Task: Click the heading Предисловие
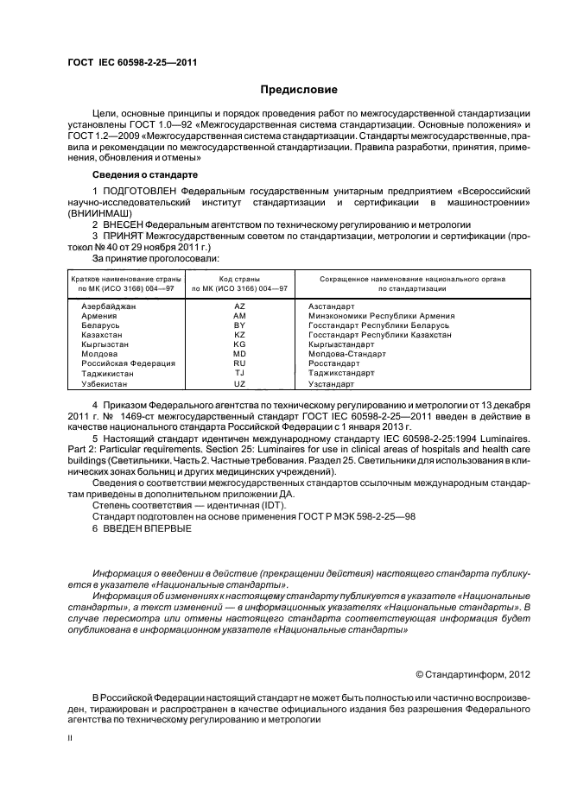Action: pyautogui.click(x=300, y=90)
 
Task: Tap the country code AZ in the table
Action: pyautogui.click(x=239, y=306)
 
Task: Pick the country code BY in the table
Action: pyautogui.click(x=239, y=325)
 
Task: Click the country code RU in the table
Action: pyautogui.click(x=239, y=363)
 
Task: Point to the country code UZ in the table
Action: pyautogui.click(x=239, y=383)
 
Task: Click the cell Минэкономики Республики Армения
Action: pyautogui.click(x=375, y=316)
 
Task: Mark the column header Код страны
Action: pyautogui.click(x=239, y=280)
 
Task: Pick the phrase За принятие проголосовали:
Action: pyautogui.click(x=144, y=258)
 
